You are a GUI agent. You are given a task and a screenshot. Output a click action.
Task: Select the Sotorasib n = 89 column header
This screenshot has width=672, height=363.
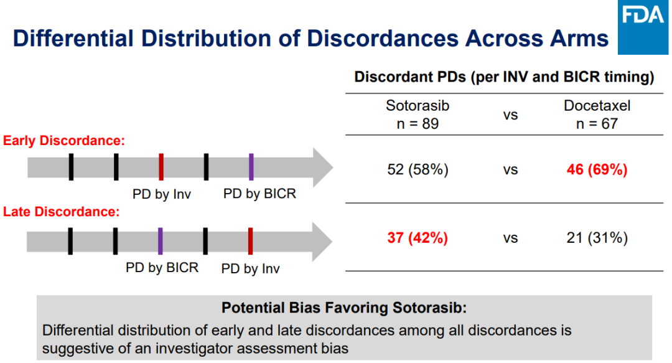coord(418,115)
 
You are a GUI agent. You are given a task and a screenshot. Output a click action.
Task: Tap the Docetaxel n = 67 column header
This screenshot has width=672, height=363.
coord(597,115)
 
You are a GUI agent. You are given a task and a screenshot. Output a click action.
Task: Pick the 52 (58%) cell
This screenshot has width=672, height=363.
coord(418,169)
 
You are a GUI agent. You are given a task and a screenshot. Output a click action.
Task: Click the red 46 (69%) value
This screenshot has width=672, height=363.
coord(597,169)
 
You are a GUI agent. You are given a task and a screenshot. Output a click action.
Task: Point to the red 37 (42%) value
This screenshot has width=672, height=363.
coord(418,238)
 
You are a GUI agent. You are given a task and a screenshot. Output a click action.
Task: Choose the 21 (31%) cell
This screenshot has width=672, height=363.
coord(597,238)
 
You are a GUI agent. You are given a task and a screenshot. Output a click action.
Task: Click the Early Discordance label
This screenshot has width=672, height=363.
coord(64,141)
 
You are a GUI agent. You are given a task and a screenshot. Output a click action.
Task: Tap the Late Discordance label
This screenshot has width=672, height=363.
coord(61,212)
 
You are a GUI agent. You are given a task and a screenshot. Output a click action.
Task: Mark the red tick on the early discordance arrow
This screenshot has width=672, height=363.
coord(161,167)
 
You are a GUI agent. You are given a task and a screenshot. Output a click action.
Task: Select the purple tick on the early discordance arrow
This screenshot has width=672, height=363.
coord(251,167)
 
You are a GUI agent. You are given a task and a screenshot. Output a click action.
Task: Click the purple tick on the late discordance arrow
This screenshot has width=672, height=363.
coord(161,241)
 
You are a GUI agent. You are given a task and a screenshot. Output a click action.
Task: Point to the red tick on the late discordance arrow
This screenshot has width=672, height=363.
coord(250,241)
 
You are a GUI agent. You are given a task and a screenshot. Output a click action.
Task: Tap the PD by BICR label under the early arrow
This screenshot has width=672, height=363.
coord(259,194)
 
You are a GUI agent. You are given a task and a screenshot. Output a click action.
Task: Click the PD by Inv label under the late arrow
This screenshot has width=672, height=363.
coord(251,269)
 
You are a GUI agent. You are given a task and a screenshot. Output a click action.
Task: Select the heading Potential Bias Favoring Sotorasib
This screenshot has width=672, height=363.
coord(344,308)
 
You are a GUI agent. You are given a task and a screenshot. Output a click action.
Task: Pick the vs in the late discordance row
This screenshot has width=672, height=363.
coord(510,238)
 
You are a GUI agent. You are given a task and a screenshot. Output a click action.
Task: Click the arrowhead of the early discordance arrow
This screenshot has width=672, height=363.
coord(323,167)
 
